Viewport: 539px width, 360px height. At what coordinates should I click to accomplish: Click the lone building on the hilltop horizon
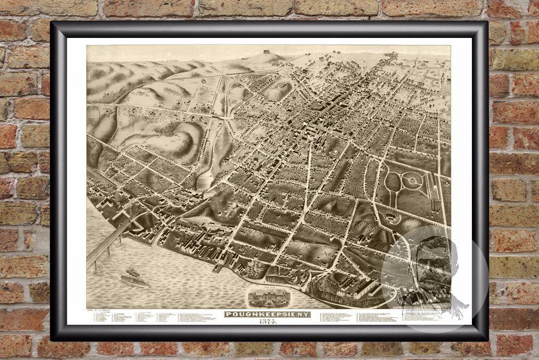click(x=266, y=51)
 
